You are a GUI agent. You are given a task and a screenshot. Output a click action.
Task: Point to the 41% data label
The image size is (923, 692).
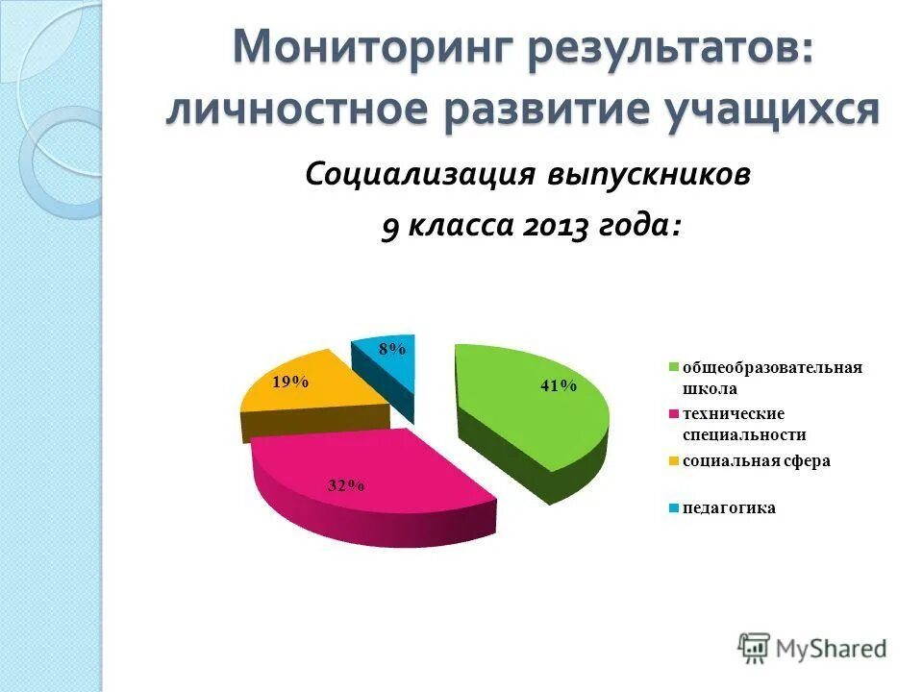558,385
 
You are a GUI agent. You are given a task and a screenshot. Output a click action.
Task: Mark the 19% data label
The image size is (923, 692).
290,382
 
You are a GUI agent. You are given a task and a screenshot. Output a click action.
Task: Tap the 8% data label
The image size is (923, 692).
391,350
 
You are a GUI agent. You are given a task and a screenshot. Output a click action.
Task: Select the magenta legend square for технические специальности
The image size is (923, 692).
675,414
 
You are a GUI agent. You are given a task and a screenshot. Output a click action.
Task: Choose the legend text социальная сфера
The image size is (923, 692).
756,461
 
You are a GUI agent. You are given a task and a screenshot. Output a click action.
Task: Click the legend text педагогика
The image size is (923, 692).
728,508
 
